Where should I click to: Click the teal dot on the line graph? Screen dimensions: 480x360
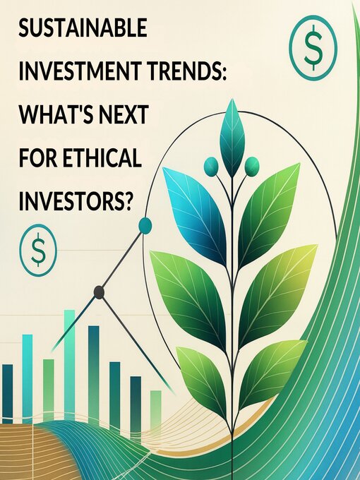(145, 225)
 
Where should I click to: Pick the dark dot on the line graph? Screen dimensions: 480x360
(100, 292)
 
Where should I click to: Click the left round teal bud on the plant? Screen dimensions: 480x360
(211, 166)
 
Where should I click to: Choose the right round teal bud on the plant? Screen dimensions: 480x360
(252, 167)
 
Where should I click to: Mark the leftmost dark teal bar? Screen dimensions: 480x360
(7, 392)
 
